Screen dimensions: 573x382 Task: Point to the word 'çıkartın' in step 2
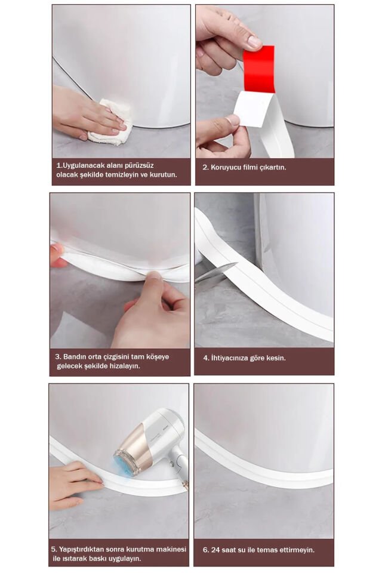(272, 167)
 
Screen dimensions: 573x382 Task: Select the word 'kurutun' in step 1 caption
(159, 177)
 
